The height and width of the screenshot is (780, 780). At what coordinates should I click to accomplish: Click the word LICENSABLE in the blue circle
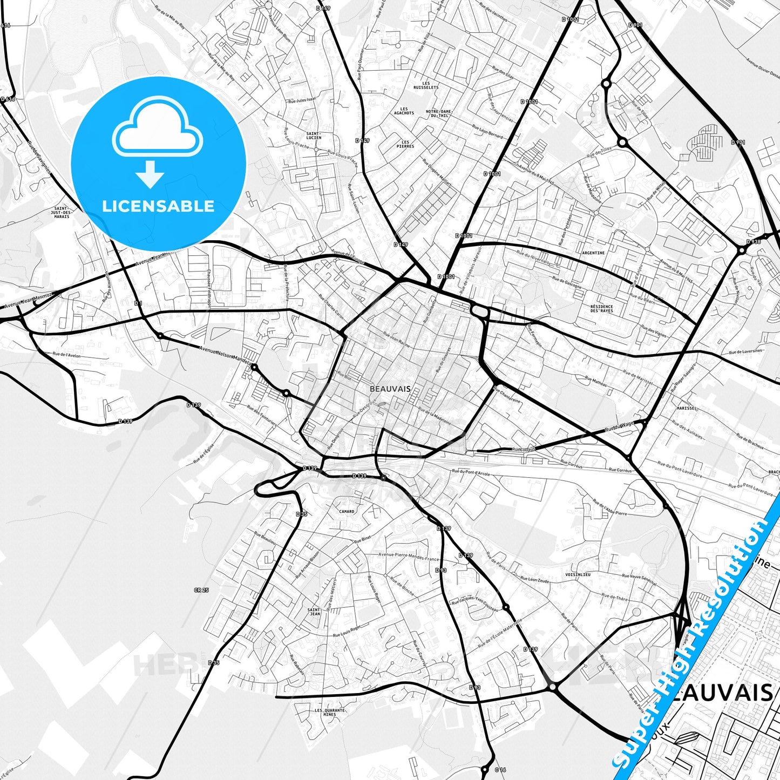(x=158, y=206)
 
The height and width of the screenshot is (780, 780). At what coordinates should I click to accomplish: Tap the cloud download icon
(x=157, y=141)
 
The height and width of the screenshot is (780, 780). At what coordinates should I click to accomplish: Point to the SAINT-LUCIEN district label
(x=314, y=135)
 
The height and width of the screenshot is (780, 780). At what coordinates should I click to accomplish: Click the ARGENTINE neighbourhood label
(x=593, y=253)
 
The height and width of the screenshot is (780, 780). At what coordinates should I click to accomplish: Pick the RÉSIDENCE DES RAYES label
(x=602, y=309)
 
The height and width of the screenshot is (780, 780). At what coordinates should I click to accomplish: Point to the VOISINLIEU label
(x=578, y=575)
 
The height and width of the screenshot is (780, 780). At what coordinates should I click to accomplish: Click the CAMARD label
(x=347, y=511)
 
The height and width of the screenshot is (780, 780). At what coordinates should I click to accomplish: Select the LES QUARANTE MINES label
(x=329, y=713)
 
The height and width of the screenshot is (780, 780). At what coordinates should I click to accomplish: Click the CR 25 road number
(x=201, y=591)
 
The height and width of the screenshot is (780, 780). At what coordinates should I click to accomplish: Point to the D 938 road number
(x=754, y=242)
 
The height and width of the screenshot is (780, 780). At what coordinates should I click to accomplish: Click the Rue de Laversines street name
(x=747, y=351)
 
